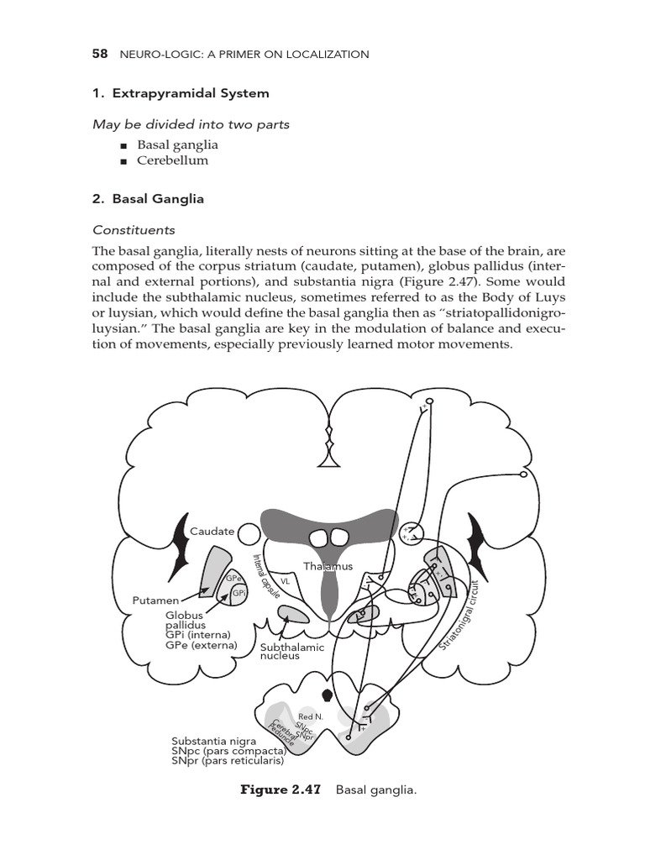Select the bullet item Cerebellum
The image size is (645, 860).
[179, 160]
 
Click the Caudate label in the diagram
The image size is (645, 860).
[212, 532]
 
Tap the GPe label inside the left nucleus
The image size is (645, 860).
[233, 579]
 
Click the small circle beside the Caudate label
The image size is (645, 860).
[249, 532]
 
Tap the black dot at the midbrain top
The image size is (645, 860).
[328, 695]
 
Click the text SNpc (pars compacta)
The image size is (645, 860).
[227, 752]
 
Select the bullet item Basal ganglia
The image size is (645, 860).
[182, 144]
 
